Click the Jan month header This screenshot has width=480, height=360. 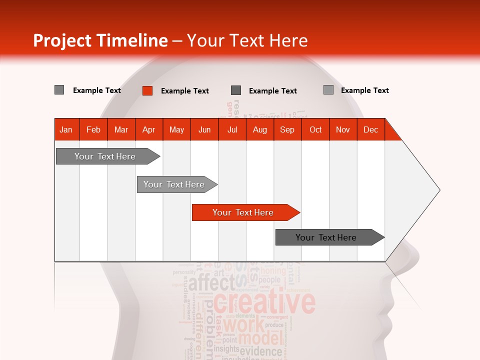pyautogui.click(x=66, y=129)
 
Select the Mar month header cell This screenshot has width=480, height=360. pyautogui.click(x=121, y=129)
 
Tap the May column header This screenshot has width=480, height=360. pyautogui.click(x=176, y=129)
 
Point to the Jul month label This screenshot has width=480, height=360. pyautogui.click(x=232, y=129)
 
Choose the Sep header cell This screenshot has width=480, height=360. pyautogui.click(x=287, y=129)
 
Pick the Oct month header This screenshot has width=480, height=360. pyautogui.click(x=315, y=129)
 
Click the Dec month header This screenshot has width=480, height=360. pyautogui.click(x=370, y=129)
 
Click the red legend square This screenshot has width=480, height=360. pyautogui.click(x=147, y=90)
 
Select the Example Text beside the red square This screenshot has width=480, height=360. pyautogui.click(x=184, y=91)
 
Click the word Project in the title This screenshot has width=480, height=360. pyautogui.click(x=62, y=40)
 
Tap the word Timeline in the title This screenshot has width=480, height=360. pyautogui.click(x=132, y=40)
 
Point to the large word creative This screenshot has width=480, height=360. pyautogui.click(x=264, y=303)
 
